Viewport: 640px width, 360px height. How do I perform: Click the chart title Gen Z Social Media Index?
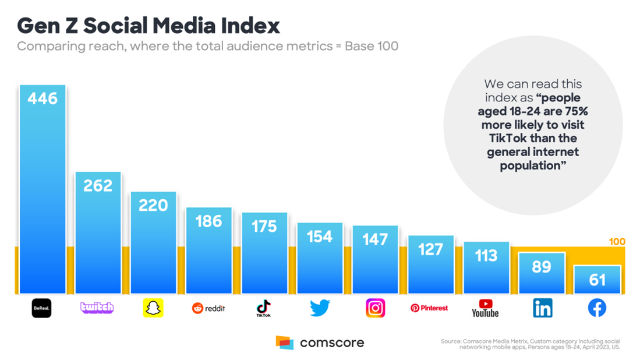pos(148,26)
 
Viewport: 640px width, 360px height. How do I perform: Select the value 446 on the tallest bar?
pos(43,98)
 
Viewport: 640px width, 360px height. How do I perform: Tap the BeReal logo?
pos(41,308)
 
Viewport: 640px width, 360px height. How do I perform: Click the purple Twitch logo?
pos(97,308)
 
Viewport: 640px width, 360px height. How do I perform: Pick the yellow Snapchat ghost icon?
pos(153,308)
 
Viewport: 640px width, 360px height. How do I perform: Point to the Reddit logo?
pos(208,308)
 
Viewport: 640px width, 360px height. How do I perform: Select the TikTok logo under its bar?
pos(264,308)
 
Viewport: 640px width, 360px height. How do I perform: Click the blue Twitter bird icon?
pos(320,308)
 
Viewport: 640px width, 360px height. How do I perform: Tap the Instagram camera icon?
pos(375,308)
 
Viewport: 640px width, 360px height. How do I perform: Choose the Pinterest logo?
pos(430,308)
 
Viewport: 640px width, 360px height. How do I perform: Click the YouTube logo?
pos(485,308)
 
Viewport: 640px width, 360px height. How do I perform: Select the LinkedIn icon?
pos(542,308)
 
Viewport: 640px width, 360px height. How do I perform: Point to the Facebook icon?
pos(597,308)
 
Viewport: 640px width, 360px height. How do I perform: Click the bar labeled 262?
pos(98,233)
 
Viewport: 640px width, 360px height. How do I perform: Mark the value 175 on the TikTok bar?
pos(264,227)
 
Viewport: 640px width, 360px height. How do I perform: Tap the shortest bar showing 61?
pos(597,280)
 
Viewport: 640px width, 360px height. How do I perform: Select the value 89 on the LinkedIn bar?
pos(542,267)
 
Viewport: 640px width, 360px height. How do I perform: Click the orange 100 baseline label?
pos(617,242)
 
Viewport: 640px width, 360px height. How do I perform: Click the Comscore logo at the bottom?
pos(320,343)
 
